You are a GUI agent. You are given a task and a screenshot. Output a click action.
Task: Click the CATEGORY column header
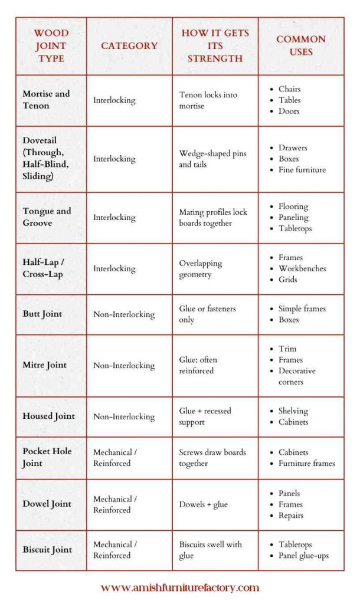(129, 45)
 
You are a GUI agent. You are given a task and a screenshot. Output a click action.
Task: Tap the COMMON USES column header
(301, 45)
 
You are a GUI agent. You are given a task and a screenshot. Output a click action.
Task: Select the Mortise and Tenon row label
(46, 100)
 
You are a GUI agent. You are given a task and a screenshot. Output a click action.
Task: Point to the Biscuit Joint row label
(47, 550)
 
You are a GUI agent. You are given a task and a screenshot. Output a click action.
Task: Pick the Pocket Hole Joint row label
(47, 457)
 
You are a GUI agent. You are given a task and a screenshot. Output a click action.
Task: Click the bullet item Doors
(289, 111)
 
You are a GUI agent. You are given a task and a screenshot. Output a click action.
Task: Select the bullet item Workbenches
(302, 268)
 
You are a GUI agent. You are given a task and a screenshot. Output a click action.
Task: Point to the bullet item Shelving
(293, 411)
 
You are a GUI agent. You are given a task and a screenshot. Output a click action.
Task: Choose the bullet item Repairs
(291, 516)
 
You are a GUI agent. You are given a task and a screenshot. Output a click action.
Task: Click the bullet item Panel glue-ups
(303, 556)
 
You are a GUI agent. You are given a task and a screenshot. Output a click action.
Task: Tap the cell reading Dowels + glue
(204, 504)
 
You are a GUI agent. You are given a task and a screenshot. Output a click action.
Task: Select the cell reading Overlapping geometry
(201, 268)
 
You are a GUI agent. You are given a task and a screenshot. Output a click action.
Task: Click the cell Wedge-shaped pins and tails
(212, 159)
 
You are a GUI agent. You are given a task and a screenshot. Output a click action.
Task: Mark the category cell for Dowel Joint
(115, 504)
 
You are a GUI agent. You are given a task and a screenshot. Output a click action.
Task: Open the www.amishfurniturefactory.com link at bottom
(180, 588)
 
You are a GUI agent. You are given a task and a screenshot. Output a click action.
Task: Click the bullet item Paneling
(293, 218)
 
